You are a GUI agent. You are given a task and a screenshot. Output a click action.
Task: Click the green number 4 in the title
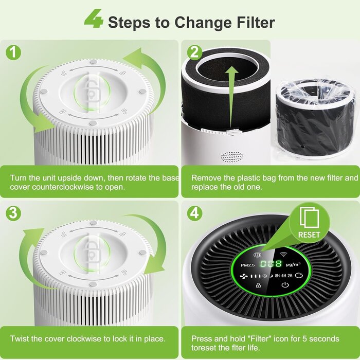[x=94, y=19]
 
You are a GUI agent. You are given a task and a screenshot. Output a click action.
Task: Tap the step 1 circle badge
[x=13, y=52]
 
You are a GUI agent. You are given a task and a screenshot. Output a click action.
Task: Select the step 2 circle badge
[x=195, y=52]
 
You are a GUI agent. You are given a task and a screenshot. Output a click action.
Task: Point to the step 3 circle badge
[x=13, y=213]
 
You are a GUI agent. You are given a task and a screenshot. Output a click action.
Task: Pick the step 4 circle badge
[x=195, y=213]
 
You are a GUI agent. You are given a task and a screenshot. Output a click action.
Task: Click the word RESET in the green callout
[x=309, y=235]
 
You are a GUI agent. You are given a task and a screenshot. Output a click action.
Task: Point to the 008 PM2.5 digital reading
[x=271, y=264]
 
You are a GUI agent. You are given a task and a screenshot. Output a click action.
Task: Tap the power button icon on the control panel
[x=285, y=285]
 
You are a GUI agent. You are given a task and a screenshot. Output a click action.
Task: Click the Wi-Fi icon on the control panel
[x=284, y=254]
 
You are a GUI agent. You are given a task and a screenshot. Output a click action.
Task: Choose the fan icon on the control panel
[x=244, y=276]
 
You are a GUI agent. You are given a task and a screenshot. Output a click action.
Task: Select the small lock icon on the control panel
[x=258, y=285]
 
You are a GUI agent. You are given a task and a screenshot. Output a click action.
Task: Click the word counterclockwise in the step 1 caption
[x=63, y=187]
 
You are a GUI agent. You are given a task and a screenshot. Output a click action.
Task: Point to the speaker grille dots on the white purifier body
[x=231, y=156]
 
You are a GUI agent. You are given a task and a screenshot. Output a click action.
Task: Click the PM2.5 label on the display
[x=247, y=265]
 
